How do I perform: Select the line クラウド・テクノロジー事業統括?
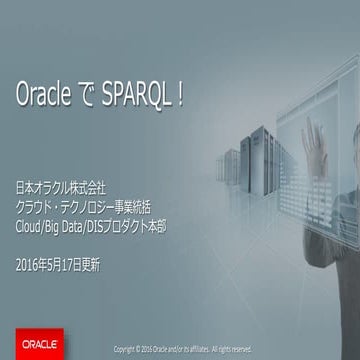(84, 206)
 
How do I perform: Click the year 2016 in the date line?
(29, 265)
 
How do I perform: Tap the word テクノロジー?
(86, 206)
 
